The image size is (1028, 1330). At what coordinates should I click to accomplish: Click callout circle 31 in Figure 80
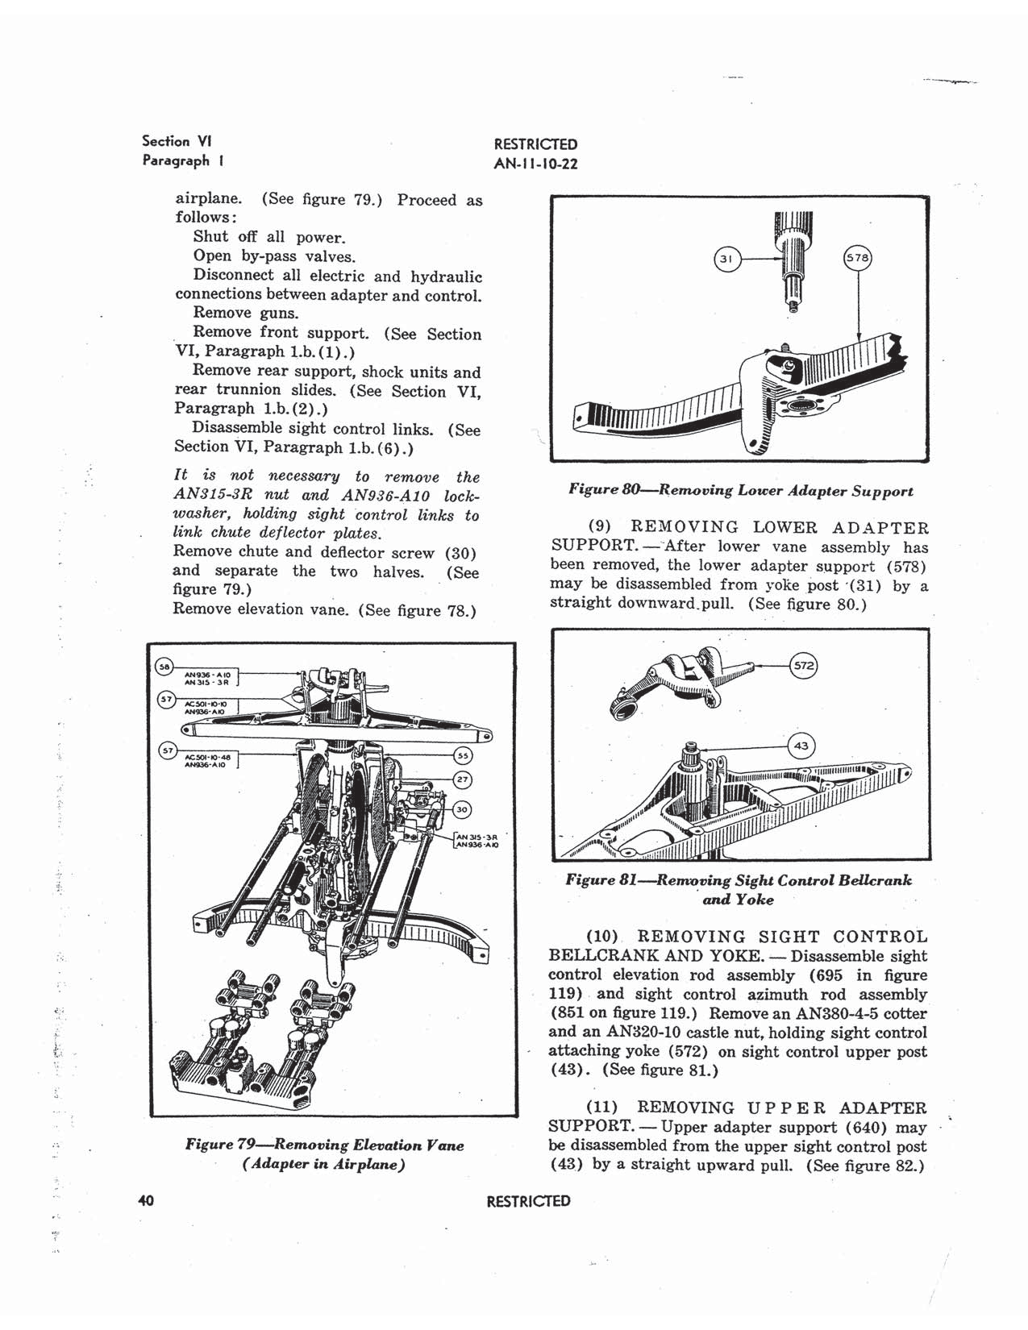tap(726, 259)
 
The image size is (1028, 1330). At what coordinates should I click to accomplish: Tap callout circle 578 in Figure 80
tap(857, 258)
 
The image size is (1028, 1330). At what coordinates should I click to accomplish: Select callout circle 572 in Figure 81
tap(803, 666)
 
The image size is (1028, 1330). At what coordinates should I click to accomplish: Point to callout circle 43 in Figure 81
tap(801, 746)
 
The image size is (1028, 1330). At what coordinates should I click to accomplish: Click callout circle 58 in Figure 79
tap(164, 667)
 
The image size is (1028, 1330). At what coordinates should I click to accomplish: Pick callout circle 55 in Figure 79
tap(463, 756)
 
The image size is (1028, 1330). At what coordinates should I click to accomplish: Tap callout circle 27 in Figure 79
tap(462, 779)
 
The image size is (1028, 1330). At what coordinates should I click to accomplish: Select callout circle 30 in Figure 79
tap(462, 809)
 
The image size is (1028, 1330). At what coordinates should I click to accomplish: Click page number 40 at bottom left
tap(146, 1201)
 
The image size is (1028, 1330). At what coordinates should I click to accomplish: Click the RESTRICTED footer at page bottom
tap(528, 1201)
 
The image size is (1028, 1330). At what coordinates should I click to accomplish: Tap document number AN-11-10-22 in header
tap(535, 164)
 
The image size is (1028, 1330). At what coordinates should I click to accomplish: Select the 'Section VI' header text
tap(165, 141)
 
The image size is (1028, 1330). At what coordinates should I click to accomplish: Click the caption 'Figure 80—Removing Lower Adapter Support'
tap(740, 490)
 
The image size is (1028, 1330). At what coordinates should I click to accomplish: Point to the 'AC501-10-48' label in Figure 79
tap(208, 757)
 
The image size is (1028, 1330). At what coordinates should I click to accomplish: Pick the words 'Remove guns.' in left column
tap(245, 313)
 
